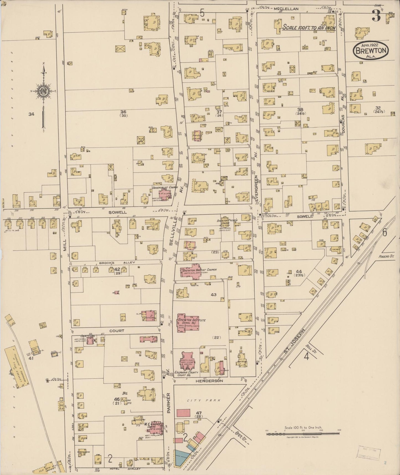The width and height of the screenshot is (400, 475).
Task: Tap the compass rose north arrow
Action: (x=43, y=91)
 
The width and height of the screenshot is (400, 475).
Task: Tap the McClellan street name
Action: (x=286, y=9)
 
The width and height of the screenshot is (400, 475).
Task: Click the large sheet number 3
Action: (x=376, y=16)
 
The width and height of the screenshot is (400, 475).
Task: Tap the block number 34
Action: (x=31, y=114)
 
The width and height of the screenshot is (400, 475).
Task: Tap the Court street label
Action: (x=117, y=331)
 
